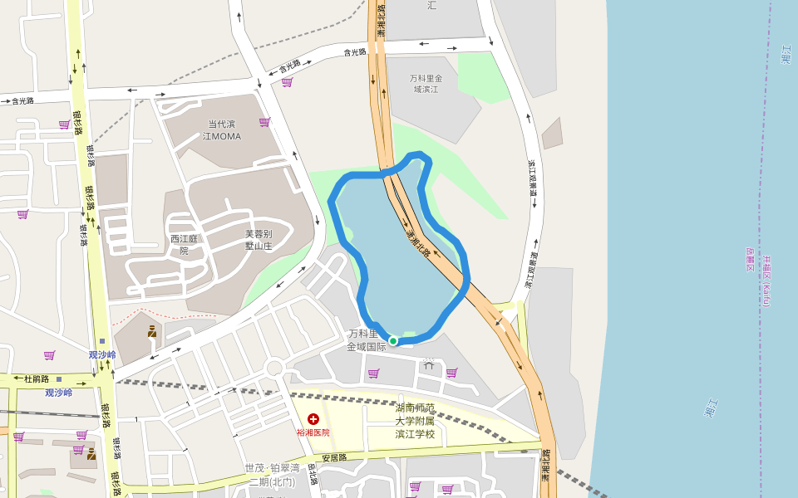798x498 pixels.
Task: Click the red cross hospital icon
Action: click(313, 420)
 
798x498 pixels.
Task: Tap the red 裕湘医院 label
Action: click(313, 432)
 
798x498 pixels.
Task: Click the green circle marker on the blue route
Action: click(393, 340)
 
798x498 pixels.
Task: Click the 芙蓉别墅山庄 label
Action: click(259, 240)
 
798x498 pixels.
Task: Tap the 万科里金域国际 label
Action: click(367, 340)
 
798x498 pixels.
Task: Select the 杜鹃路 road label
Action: click(37, 379)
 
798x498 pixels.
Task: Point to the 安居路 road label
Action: click(334, 457)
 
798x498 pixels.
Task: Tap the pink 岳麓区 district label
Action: click(750, 260)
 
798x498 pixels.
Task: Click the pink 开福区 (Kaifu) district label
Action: click(766, 281)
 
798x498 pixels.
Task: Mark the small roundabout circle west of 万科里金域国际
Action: click(275, 367)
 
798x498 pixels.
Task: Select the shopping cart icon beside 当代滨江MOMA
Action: click(264, 122)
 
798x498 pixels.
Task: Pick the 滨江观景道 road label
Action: click(532, 184)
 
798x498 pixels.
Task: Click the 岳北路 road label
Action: click(313, 473)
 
